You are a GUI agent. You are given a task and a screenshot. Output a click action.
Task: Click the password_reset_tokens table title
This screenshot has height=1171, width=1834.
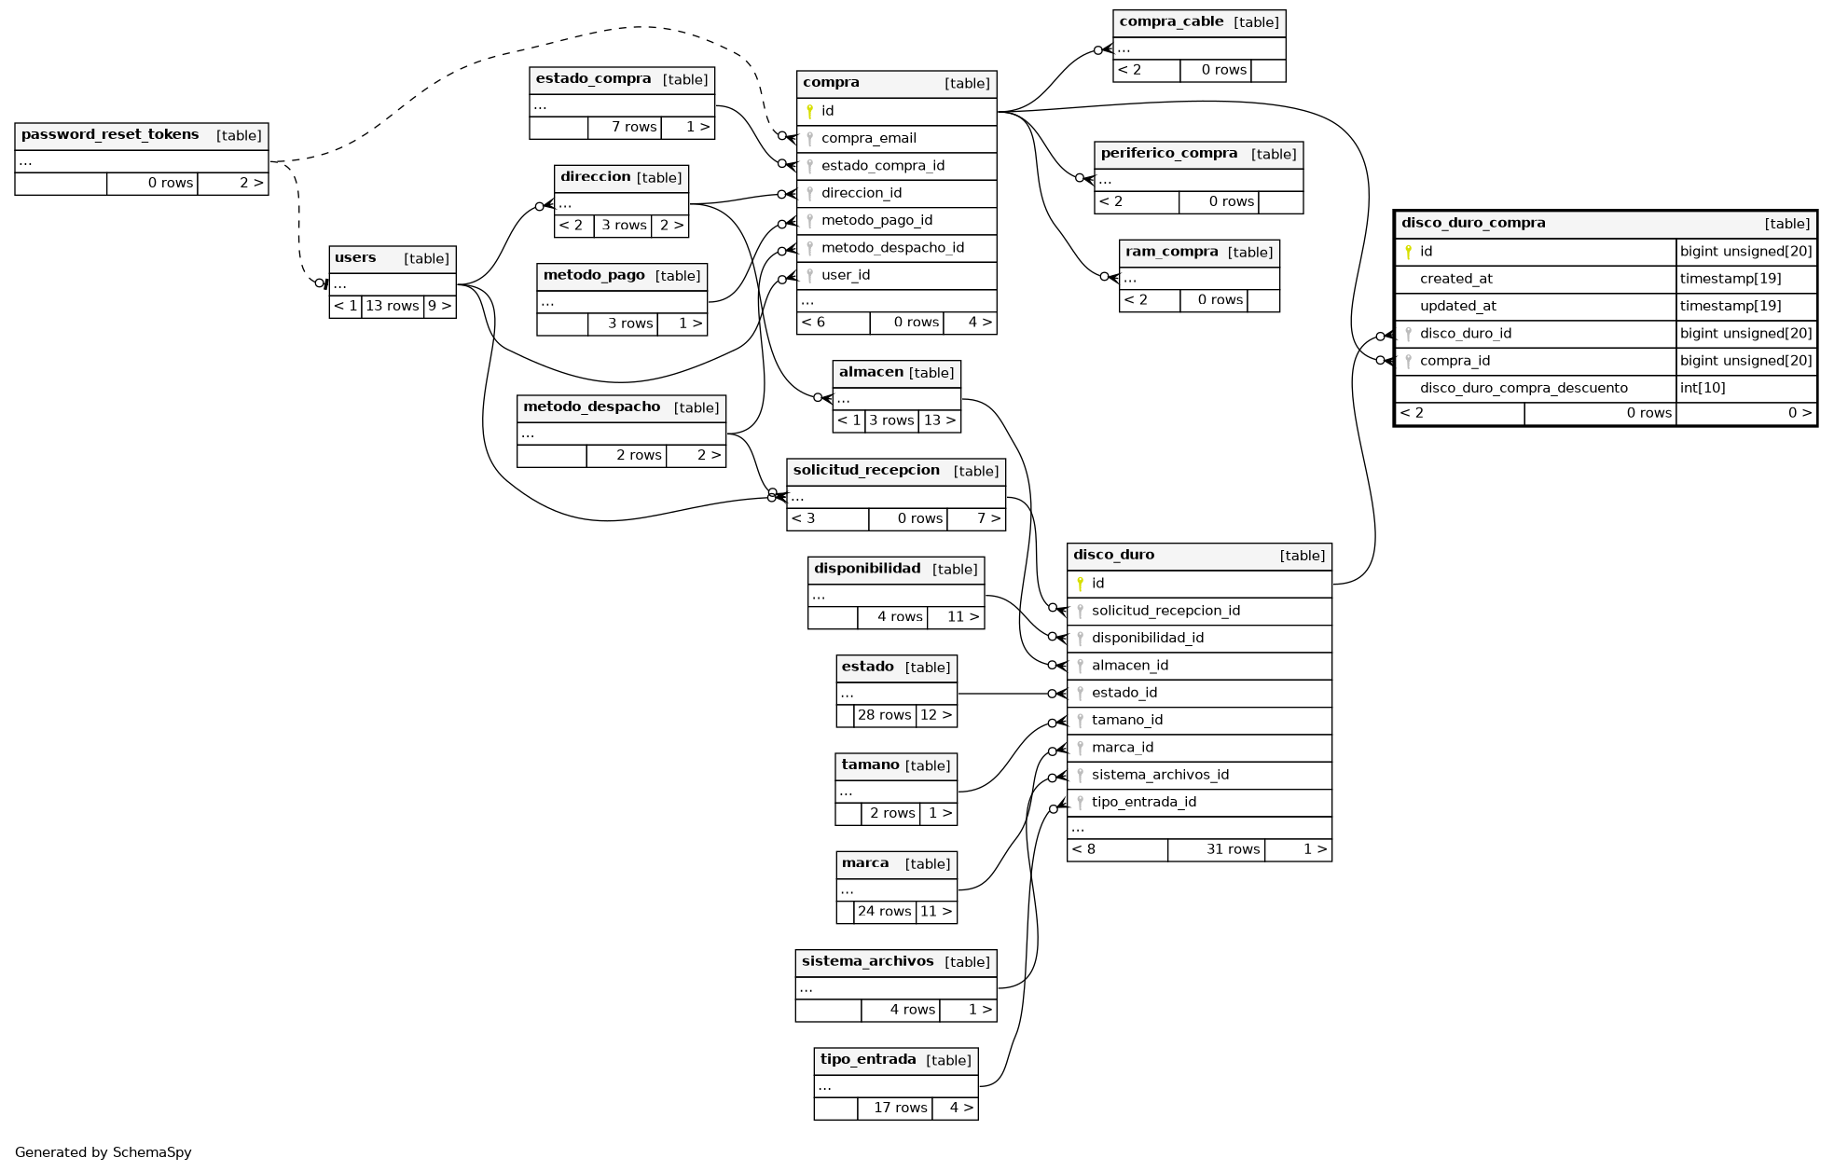click(110, 135)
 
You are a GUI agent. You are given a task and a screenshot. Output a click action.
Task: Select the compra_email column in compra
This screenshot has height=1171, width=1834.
click(868, 139)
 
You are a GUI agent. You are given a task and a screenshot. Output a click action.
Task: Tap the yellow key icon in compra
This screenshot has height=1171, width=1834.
click(809, 112)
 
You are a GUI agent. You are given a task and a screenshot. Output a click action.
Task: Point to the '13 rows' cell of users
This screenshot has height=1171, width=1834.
click(392, 306)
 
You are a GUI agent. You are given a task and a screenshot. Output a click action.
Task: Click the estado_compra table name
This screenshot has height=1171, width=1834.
click(593, 79)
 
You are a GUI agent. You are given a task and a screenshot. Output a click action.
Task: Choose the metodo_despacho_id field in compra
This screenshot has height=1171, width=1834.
click(892, 248)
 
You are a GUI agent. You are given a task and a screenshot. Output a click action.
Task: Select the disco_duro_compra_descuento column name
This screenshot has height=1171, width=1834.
click(1523, 389)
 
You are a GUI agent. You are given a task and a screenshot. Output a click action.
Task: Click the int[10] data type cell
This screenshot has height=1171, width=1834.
click(1702, 389)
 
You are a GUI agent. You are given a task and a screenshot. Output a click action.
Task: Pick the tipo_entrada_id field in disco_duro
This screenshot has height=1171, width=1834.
click(1143, 803)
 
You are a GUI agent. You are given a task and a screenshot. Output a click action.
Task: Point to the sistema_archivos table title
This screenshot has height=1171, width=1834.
click(867, 962)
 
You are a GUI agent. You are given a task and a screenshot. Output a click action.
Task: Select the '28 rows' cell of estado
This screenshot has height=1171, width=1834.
click(884, 715)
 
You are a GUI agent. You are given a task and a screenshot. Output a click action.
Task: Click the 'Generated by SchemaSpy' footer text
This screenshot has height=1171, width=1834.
click(103, 1152)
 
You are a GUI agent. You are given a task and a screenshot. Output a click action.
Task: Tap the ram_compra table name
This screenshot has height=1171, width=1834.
click(1171, 252)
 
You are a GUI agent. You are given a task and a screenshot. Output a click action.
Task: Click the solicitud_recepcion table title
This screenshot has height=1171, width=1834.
click(866, 471)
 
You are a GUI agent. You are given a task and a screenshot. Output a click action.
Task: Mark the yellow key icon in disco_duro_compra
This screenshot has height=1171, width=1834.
click(1408, 252)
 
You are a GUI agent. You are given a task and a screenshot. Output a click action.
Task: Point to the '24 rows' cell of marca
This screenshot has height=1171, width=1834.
click(884, 912)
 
